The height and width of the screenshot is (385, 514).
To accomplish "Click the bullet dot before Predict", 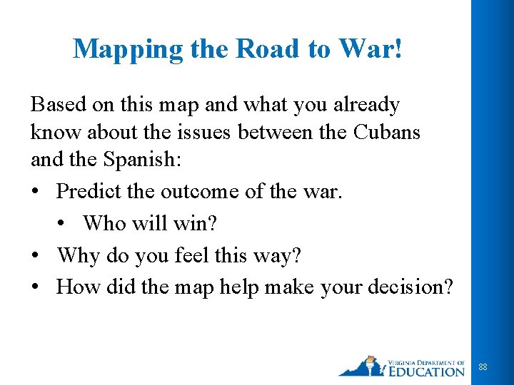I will click(x=36, y=192).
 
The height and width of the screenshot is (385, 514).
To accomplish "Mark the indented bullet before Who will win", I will click(x=63, y=224).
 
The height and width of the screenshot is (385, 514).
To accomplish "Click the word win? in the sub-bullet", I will click(x=199, y=223).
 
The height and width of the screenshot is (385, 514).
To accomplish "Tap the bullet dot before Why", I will click(x=36, y=255).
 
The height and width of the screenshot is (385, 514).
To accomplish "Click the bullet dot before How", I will click(x=36, y=287).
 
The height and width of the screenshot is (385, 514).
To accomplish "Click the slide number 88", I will click(x=483, y=366).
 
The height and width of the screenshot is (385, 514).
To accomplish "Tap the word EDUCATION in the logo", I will click(x=426, y=371).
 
